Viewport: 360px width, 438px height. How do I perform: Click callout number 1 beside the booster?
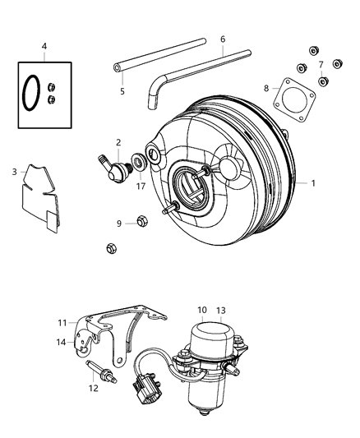tap(312, 183)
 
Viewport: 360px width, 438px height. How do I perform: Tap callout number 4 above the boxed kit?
tap(44, 47)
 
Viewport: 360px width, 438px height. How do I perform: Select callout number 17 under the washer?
tap(141, 186)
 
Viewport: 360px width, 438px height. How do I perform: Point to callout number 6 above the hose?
tap(222, 38)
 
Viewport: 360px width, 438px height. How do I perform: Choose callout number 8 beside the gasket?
tap(265, 88)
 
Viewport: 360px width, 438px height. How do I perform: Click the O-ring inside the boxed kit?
tap(31, 92)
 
